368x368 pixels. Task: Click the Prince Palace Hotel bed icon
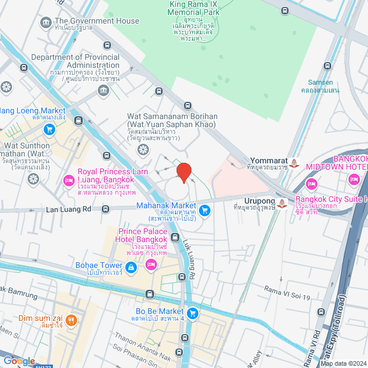pyautogui.click(x=151, y=264)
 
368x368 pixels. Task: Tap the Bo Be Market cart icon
pyautogui.click(x=193, y=313)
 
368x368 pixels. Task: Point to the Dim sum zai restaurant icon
pyautogui.click(x=71, y=319)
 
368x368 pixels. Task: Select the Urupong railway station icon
pyautogui.click(x=282, y=203)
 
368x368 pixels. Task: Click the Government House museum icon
pyautogui.click(x=45, y=22)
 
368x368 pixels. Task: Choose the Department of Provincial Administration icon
pyautogui.click(x=103, y=90)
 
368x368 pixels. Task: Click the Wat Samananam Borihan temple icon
pyautogui.click(x=142, y=149)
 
